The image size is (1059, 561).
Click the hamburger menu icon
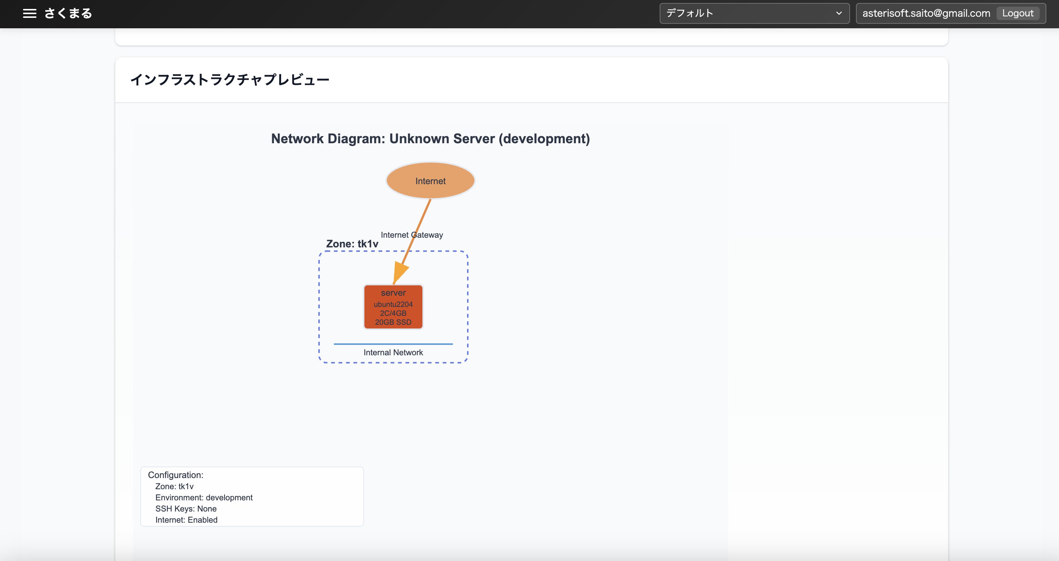pos(30,13)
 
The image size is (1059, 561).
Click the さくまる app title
pos(68,13)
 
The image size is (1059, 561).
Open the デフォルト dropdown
pos(754,13)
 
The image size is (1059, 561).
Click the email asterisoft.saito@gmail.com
pos(926,13)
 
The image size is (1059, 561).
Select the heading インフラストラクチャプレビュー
pos(230,79)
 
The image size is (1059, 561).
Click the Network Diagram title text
pos(431,139)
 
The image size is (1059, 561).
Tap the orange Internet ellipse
pos(431,180)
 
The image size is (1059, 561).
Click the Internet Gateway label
pos(412,235)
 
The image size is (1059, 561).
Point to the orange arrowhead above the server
pos(400,272)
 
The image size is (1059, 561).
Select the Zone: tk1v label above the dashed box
pos(352,244)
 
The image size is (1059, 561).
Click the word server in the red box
pos(393,293)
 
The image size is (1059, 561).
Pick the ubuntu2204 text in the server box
pos(393,304)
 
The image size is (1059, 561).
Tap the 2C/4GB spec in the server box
pos(393,313)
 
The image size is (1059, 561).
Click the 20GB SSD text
pos(393,322)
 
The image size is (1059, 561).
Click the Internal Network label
pos(393,352)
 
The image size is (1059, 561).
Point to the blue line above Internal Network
pos(393,344)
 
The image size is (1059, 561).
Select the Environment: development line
pos(204,498)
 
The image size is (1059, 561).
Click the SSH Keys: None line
pos(186,509)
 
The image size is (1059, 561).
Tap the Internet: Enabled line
pos(186,520)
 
